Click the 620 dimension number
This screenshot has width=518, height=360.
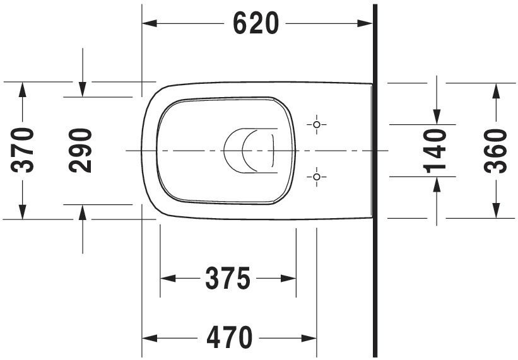[x=256, y=24]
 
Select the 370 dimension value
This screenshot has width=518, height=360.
[x=24, y=150]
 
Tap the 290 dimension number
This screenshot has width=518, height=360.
[x=81, y=150]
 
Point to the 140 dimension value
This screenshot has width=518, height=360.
[x=435, y=150]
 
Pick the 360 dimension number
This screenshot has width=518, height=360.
[x=495, y=150]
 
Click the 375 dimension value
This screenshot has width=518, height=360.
[x=228, y=278]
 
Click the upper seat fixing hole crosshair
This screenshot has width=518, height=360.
[x=317, y=124]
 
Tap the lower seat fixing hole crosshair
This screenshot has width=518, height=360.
[x=317, y=177]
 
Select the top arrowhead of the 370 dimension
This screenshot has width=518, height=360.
[x=23, y=89]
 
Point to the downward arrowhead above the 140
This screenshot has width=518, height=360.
[x=435, y=117]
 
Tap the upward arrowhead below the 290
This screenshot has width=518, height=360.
[x=82, y=211]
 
